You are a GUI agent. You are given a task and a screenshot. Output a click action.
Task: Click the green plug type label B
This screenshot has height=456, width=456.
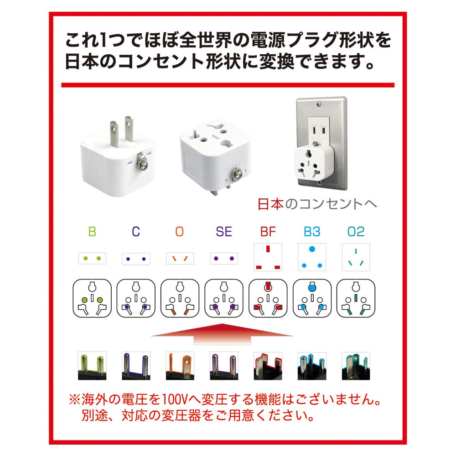[x=92, y=232]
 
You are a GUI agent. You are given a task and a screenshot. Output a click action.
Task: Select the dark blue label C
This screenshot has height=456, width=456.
[x=136, y=232]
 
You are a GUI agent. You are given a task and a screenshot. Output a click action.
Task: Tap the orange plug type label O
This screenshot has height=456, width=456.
[x=179, y=232]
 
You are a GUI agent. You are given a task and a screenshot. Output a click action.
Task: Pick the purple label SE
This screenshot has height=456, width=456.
[x=224, y=232]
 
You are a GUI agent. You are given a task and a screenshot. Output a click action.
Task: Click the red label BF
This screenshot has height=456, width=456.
[x=268, y=232]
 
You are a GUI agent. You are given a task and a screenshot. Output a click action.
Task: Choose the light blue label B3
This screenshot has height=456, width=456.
[x=312, y=232]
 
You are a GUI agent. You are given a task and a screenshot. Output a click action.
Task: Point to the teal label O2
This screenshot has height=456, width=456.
[x=356, y=232]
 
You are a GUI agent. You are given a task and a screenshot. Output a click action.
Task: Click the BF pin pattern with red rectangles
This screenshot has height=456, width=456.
[x=268, y=257]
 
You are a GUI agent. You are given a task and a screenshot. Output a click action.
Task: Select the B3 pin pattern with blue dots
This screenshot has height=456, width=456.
[x=312, y=257]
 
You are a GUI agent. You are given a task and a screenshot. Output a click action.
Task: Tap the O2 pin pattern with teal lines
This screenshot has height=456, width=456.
[x=356, y=257]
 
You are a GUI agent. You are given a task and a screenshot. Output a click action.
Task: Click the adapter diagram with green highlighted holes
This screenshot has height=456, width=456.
[x=92, y=299]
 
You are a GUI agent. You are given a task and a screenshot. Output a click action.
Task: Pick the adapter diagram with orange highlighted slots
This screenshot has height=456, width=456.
[x=180, y=299]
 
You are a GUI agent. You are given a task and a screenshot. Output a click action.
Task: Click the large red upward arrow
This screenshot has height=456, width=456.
[x=222, y=334]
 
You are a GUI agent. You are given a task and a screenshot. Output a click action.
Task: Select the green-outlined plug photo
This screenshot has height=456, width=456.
[x=92, y=366]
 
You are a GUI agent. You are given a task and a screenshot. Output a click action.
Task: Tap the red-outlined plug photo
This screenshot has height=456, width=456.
[x=268, y=366]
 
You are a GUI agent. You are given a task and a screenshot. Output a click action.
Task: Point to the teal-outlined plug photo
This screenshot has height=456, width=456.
[x=356, y=366]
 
